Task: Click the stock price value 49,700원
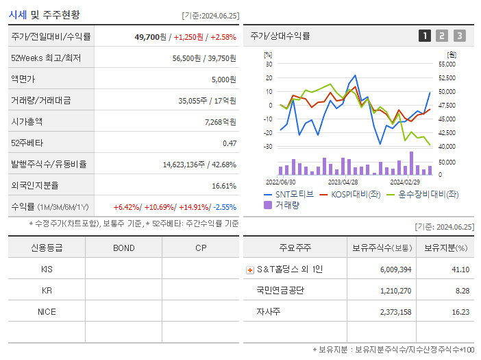(x=150, y=37)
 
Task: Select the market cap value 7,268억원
(x=220, y=121)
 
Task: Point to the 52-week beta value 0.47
(x=229, y=143)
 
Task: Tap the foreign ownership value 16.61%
(x=223, y=185)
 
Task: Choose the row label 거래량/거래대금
(x=40, y=100)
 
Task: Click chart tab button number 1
(x=425, y=36)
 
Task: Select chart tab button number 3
(x=459, y=36)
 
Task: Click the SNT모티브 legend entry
(x=288, y=194)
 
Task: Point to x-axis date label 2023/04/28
(x=343, y=182)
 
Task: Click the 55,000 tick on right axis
(x=446, y=64)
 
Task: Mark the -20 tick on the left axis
(x=269, y=133)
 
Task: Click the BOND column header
(x=123, y=248)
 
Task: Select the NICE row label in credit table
(x=47, y=311)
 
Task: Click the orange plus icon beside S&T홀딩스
(x=249, y=270)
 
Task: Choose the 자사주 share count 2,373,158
(x=395, y=311)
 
